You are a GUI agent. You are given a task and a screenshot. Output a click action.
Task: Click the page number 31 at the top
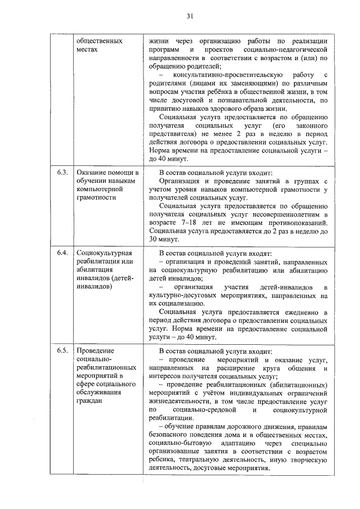click(x=190, y=17)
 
